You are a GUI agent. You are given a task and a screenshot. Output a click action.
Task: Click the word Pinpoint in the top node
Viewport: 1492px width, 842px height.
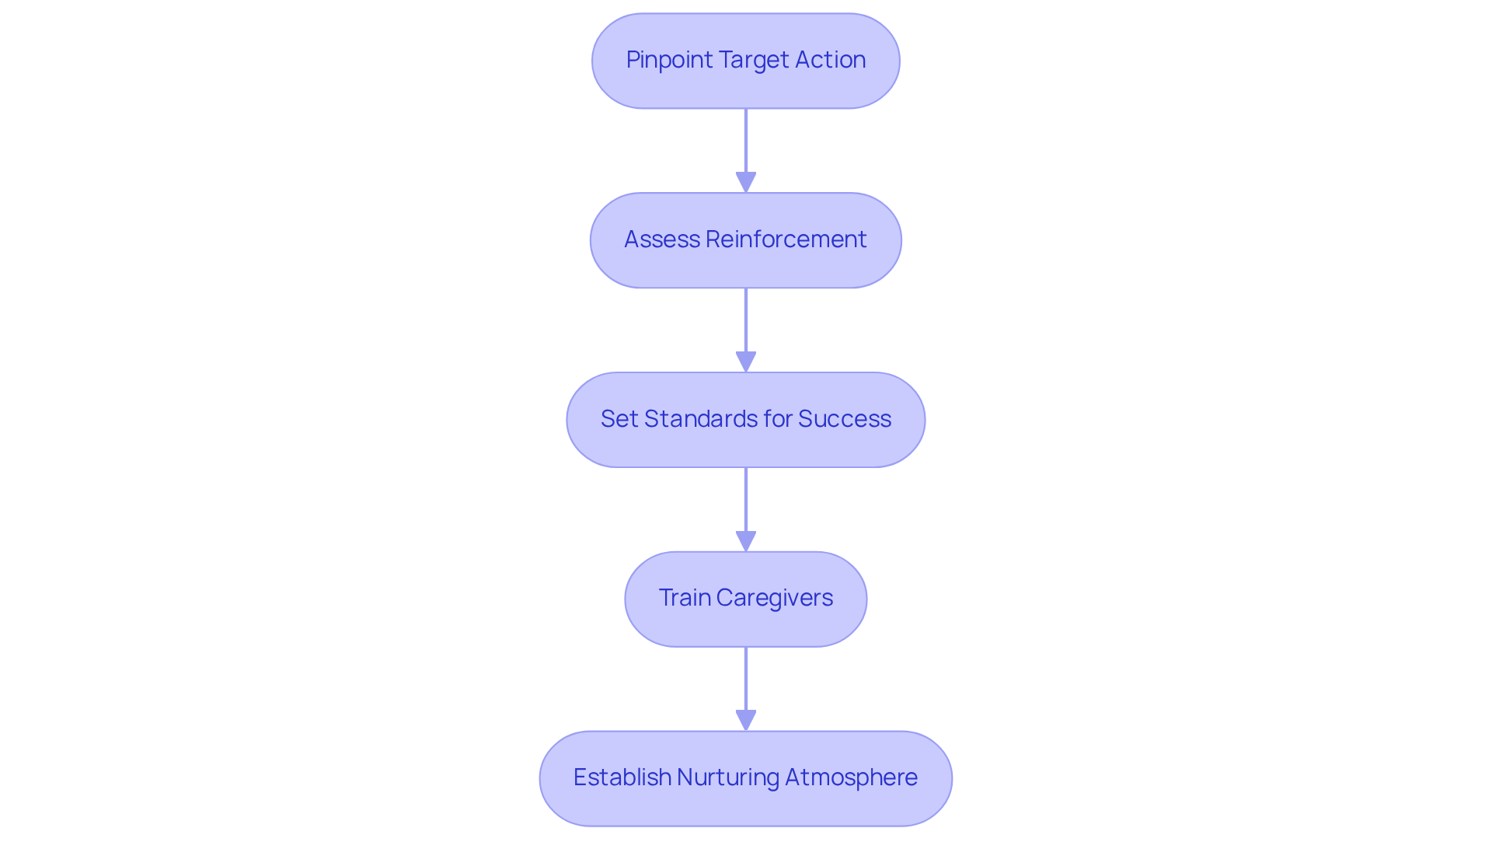(669, 60)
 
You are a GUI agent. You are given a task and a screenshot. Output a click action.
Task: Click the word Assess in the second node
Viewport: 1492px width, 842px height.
(662, 239)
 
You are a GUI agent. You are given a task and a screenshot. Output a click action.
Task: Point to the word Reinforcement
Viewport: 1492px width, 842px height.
(786, 239)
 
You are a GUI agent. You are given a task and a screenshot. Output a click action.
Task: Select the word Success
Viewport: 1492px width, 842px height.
(845, 419)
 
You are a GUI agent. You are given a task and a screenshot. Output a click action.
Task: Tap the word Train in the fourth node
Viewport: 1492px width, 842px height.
(684, 598)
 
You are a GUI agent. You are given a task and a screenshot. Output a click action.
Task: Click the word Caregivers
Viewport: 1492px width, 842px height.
(774, 598)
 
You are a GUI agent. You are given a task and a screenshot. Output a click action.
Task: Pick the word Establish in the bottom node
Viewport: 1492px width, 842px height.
(622, 777)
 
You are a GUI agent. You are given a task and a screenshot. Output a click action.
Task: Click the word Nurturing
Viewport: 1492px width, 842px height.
(727, 777)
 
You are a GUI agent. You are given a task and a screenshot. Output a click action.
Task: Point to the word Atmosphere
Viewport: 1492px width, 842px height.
(851, 777)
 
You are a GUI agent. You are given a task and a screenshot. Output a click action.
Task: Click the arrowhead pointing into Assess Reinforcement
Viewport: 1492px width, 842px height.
(746, 183)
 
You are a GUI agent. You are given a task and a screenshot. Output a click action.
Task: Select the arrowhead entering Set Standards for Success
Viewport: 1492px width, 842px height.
(746, 362)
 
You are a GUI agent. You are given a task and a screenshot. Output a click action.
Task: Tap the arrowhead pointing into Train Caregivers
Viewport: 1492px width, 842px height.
(746, 542)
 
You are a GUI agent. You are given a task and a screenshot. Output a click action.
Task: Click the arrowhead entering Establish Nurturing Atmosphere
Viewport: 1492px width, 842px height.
(746, 721)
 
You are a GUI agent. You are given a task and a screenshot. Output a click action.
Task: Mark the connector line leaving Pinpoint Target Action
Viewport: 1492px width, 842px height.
(746, 140)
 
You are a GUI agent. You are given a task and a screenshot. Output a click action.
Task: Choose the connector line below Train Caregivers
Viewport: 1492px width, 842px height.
(746, 678)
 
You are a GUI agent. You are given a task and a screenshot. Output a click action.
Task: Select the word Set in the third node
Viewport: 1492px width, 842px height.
(619, 419)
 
